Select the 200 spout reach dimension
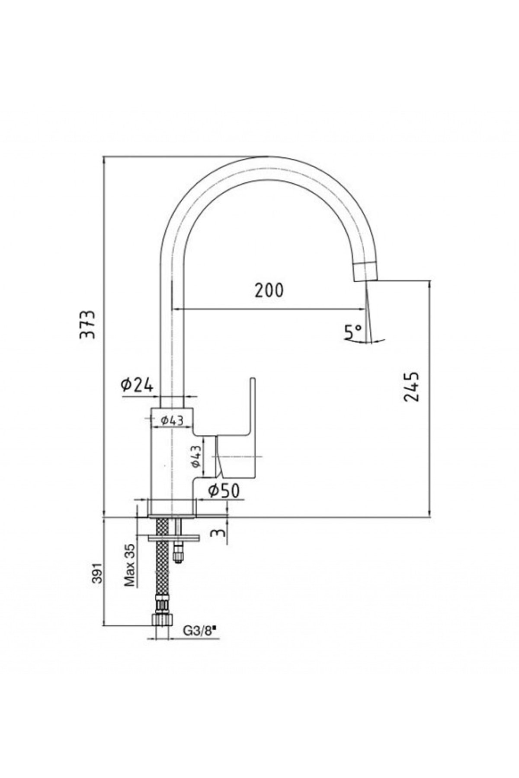click(269, 290)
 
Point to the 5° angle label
click(352, 332)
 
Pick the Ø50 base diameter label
click(224, 491)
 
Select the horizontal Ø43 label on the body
click(172, 420)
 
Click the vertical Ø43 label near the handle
click(196, 457)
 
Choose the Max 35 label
click(130, 565)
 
